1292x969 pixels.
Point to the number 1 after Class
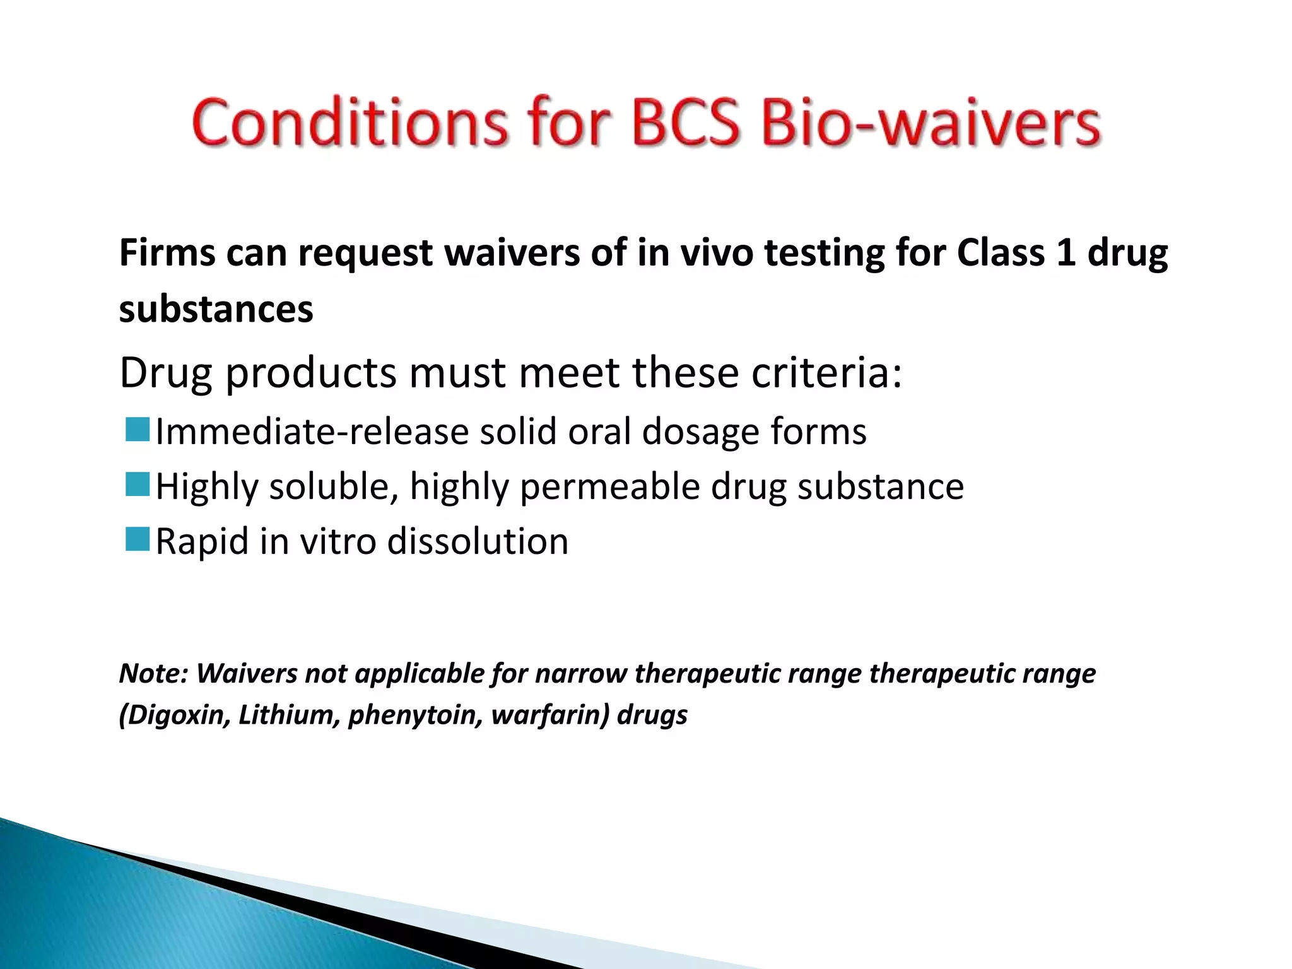[1066, 253]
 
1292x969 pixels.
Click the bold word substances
[216, 309]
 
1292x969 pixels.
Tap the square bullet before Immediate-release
[137, 430]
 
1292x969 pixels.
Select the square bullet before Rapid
[137, 539]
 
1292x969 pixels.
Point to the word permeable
[609, 487]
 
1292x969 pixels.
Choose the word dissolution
[478, 541]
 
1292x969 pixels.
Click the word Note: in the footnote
[154, 674]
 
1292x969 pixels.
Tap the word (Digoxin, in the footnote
[174, 715]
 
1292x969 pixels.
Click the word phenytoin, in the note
[415, 715]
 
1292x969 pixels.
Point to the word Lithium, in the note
[290, 715]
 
